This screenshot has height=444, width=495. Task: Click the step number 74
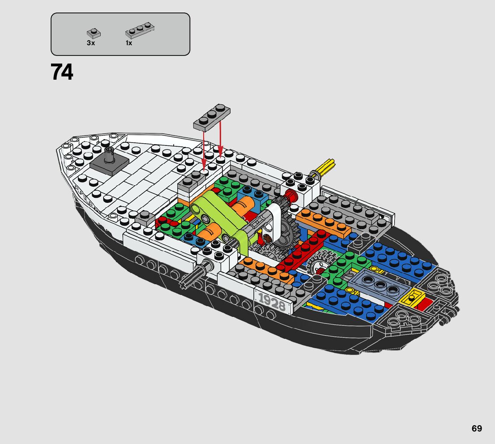pos(62,72)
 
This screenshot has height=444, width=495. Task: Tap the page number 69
pos(477,428)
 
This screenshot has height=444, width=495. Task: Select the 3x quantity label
pos(91,43)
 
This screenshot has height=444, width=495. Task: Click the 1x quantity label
pos(129,43)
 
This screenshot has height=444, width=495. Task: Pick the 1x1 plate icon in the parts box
pos(93,33)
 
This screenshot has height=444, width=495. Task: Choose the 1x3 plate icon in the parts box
pos(140,30)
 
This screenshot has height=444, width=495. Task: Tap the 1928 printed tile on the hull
pos(272,302)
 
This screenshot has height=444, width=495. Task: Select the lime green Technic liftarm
pos(219,217)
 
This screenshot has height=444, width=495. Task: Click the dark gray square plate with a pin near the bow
pos(109,165)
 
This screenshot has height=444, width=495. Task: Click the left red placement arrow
pos(204,148)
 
